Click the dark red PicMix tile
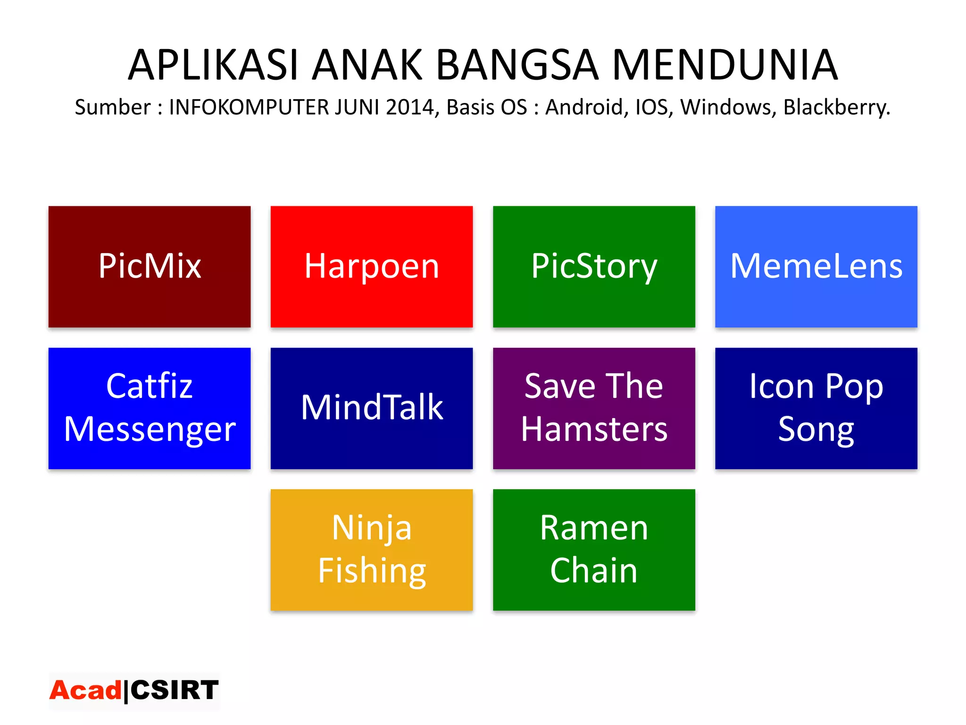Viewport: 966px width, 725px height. point(150,267)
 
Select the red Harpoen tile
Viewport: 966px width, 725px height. point(372,267)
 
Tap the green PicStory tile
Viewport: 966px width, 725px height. point(594,267)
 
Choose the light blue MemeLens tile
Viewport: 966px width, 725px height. point(816,267)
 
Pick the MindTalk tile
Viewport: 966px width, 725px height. point(372,408)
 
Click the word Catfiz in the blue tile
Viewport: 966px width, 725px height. point(150,386)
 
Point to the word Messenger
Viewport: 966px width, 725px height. point(150,430)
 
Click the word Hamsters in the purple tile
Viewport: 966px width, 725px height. point(594,430)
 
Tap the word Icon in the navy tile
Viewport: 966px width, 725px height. point(782,386)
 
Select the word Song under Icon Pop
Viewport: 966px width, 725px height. point(816,430)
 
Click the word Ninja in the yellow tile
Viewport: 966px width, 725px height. point(372,528)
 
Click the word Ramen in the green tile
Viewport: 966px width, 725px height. point(594,528)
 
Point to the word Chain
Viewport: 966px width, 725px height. point(594,570)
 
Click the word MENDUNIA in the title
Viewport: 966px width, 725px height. point(724,65)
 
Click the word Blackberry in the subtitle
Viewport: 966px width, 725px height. point(836,108)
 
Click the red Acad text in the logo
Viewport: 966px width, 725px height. point(85,691)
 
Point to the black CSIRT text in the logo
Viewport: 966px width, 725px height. point(175,691)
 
